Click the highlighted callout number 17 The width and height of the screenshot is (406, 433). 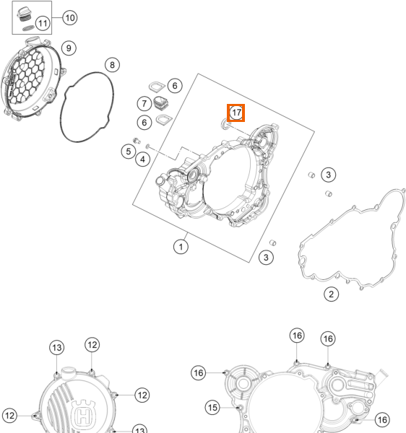[236, 113]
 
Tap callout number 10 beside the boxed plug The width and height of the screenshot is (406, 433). [69, 18]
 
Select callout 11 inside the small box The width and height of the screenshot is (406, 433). [43, 23]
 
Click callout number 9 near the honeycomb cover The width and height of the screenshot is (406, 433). [69, 48]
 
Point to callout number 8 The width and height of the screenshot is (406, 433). [112, 65]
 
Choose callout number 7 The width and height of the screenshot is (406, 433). [144, 103]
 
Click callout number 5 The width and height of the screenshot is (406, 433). [129, 152]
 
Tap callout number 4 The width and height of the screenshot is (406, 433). [142, 159]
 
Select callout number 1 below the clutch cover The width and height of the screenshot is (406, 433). [181, 247]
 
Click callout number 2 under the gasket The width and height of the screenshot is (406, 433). [331, 294]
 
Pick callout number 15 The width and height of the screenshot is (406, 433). [212, 407]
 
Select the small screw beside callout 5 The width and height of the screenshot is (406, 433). [137, 141]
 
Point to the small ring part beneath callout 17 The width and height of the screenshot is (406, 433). [225, 123]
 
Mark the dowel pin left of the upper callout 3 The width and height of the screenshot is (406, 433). [311, 175]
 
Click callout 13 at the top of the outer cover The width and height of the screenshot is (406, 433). [57, 348]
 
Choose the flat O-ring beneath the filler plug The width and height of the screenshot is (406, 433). [28, 28]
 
